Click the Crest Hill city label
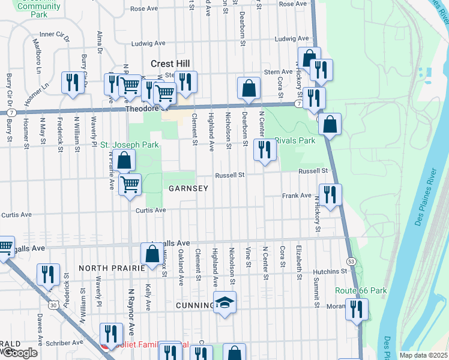coord(170,64)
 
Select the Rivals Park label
coord(295,140)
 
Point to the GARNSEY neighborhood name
coord(188,188)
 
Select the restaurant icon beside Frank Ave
coord(330,194)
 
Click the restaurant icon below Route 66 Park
coord(357,309)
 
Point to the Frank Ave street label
coord(297,196)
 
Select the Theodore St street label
coord(144,109)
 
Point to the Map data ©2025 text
coord(423,355)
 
